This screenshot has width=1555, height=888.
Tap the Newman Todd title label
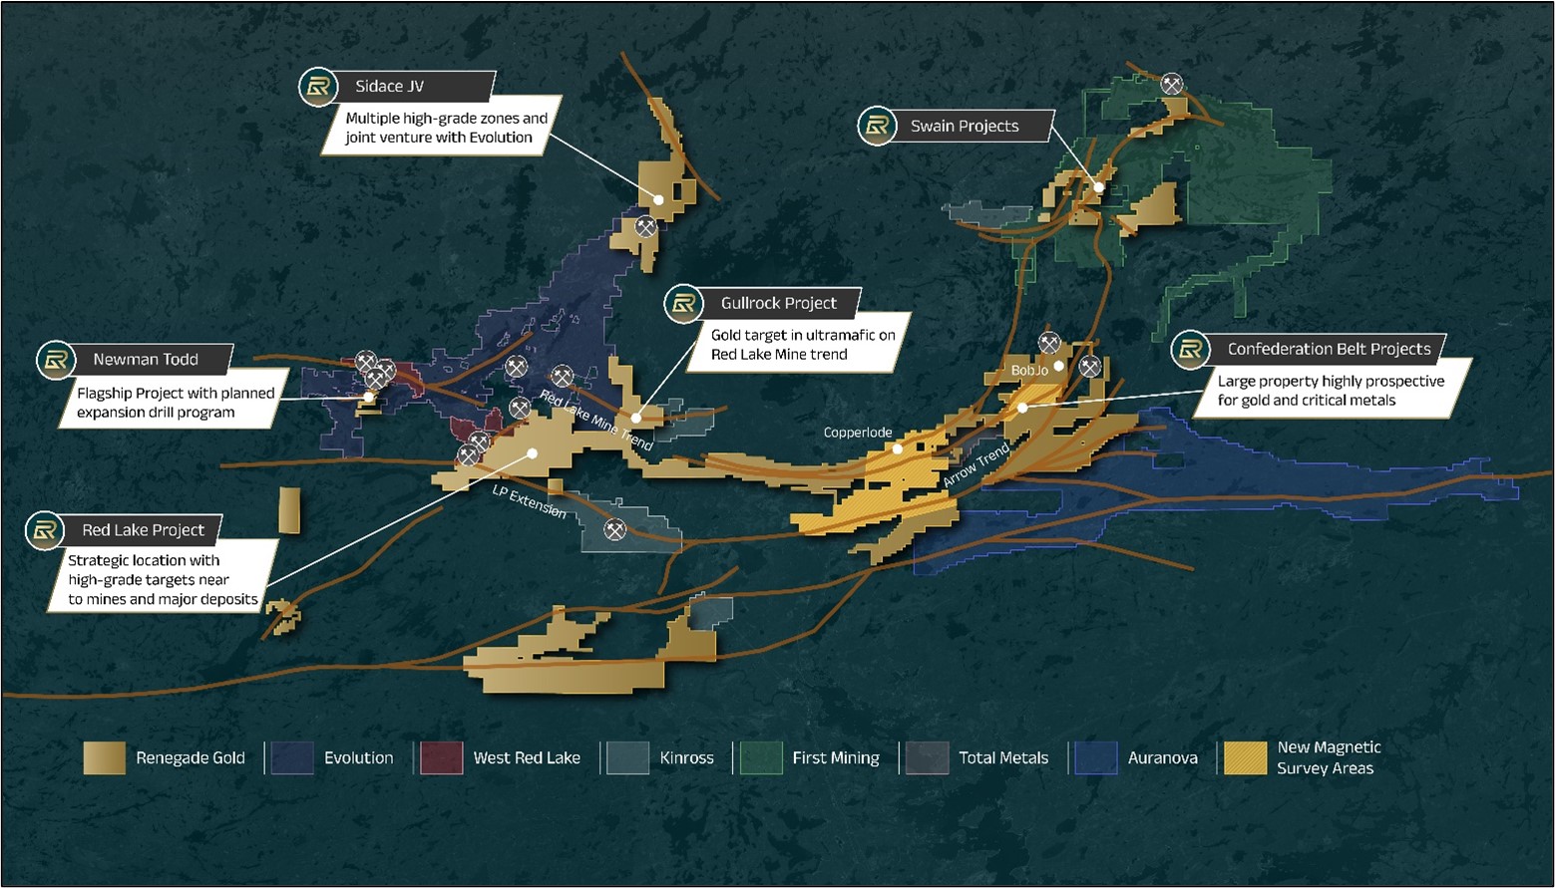(x=146, y=360)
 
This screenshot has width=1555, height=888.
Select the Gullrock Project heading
(x=778, y=304)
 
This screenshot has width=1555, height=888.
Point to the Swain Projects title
(x=964, y=127)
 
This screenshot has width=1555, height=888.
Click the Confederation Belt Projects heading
(x=1329, y=349)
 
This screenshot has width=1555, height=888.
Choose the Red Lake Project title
(x=143, y=530)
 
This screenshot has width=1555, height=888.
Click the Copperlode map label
(x=857, y=433)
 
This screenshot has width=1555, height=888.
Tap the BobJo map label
(x=1029, y=371)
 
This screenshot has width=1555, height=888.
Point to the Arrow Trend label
(x=976, y=466)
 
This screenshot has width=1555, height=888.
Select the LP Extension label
(x=529, y=501)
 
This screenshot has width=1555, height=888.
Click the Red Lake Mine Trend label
(x=596, y=420)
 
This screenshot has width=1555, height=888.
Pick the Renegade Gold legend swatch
(x=105, y=758)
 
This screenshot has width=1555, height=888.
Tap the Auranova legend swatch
(x=1096, y=758)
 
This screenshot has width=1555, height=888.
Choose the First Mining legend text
(x=836, y=758)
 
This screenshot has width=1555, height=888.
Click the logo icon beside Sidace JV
(x=318, y=88)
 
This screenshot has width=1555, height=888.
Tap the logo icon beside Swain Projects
(x=877, y=127)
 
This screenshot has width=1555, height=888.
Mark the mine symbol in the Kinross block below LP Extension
(x=615, y=530)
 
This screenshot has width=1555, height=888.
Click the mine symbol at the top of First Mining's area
(x=1172, y=84)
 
